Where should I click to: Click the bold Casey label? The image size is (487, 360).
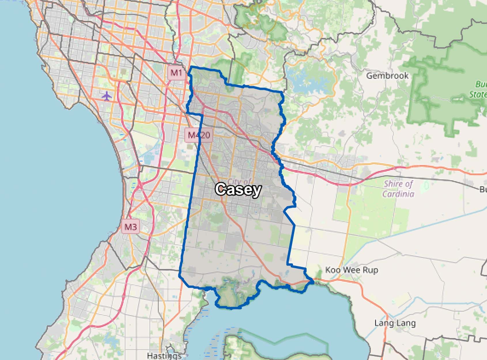pos(238,190)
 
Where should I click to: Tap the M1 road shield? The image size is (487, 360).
pos(176,72)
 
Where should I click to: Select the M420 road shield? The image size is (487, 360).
pos(199,135)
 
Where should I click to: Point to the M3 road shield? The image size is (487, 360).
pos(130,227)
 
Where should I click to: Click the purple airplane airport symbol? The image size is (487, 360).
pos(107,96)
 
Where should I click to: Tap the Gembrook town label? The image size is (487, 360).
pos(387,76)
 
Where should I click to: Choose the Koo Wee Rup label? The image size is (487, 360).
pos(352,270)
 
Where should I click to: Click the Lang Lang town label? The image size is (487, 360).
pos(395,323)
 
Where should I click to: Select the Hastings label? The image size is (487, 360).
pos(164,355)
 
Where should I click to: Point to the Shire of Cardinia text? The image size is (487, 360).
pos(398,189)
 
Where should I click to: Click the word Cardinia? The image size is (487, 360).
pos(398,194)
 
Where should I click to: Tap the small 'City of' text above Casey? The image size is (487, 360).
pos(239,182)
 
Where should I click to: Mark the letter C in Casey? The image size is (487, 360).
pos(220,189)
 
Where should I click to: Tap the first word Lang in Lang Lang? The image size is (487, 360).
pos(384,323)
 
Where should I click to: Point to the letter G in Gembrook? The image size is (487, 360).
pos(369,76)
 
